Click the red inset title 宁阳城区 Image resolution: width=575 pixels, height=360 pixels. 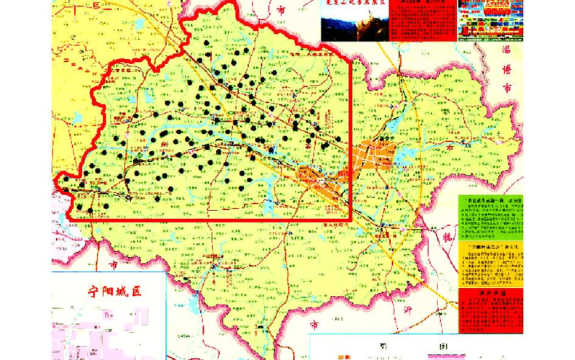114,292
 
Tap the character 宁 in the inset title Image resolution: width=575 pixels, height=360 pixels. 93,292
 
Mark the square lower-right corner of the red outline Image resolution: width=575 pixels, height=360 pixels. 350,220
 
